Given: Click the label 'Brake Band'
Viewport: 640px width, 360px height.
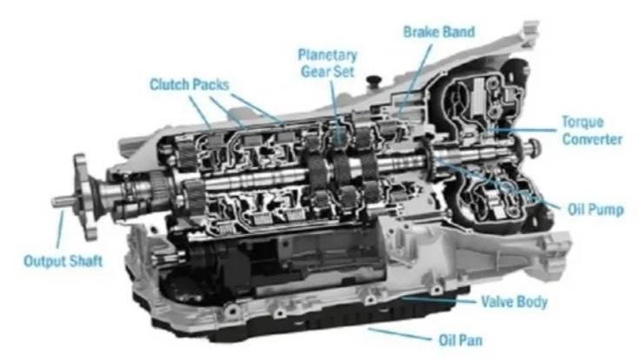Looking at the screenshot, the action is [x=439, y=32].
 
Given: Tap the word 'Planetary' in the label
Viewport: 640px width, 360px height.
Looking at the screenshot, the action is [x=327, y=56].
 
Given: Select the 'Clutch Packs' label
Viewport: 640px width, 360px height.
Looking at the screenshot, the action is [x=189, y=84].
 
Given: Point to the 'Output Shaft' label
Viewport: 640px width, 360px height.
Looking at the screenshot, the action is [x=63, y=261].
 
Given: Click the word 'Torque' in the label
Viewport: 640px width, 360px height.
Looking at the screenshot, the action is [x=583, y=122].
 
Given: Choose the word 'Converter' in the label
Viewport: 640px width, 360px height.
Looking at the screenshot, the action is [x=592, y=139].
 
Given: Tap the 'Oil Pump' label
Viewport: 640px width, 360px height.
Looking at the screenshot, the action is [x=596, y=210].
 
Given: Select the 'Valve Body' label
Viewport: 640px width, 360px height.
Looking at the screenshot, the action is [x=514, y=302].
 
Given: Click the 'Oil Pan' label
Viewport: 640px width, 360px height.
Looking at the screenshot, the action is [x=460, y=340].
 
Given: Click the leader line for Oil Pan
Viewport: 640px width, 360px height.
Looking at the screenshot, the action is [x=399, y=334].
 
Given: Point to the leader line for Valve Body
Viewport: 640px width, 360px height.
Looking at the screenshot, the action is [x=439, y=300].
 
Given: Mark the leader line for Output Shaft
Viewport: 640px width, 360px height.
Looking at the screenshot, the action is [x=60, y=230].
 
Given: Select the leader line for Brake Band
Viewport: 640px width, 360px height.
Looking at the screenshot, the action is [x=415, y=77].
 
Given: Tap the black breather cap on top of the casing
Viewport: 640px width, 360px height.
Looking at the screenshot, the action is [x=373, y=79].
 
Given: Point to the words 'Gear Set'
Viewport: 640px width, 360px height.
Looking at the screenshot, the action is [x=327, y=72].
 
